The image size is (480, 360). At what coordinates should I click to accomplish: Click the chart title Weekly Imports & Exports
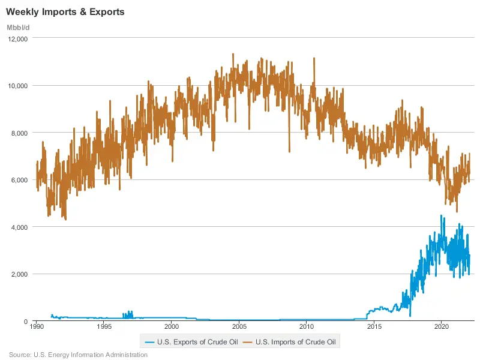click(x=65, y=12)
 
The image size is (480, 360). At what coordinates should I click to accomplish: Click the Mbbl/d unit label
click(x=18, y=28)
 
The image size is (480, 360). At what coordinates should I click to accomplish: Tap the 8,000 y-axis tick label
click(x=19, y=133)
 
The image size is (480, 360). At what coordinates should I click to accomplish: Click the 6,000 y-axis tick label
click(x=19, y=180)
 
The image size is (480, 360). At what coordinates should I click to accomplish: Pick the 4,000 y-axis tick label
click(x=19, y=227)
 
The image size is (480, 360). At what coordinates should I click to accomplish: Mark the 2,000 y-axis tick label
click(x=19, y=274)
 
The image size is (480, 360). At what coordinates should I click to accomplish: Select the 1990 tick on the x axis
click(x=37, y=328)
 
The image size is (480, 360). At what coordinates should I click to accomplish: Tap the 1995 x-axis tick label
click(x=104, y=328)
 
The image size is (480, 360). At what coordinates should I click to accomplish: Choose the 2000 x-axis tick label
click(x=172, y=328)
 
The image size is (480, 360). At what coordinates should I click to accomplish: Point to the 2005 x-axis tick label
click(x=239, y=328)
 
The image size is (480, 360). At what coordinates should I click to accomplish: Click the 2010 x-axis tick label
click(x=307, y=328)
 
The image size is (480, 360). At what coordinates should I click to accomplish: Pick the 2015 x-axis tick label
click(x=374, y=328)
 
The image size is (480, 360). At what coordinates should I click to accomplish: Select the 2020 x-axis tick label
click(x=442, y=328)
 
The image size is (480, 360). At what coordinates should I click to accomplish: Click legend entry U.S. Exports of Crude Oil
click(x=192, y=343)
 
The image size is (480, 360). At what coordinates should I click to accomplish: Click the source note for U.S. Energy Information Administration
click(x=78, y=355)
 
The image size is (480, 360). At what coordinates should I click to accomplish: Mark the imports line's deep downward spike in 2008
click(x=289, y=150)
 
